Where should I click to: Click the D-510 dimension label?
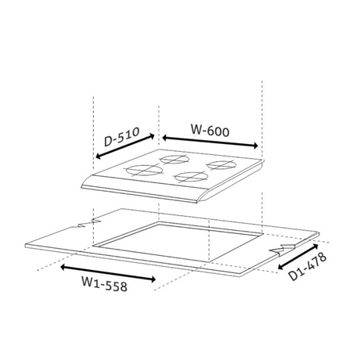(121, 136)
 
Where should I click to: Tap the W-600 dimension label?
(211, 131)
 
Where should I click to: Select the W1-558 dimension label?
(104, 283)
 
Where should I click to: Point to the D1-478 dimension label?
(308, 266)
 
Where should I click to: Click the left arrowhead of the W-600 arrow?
(164, 137)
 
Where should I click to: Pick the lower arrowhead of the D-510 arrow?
(98, 157)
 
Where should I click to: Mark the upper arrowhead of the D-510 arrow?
(153, 135)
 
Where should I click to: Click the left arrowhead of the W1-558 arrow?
(63, 267)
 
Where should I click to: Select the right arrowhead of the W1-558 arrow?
(153, 279)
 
